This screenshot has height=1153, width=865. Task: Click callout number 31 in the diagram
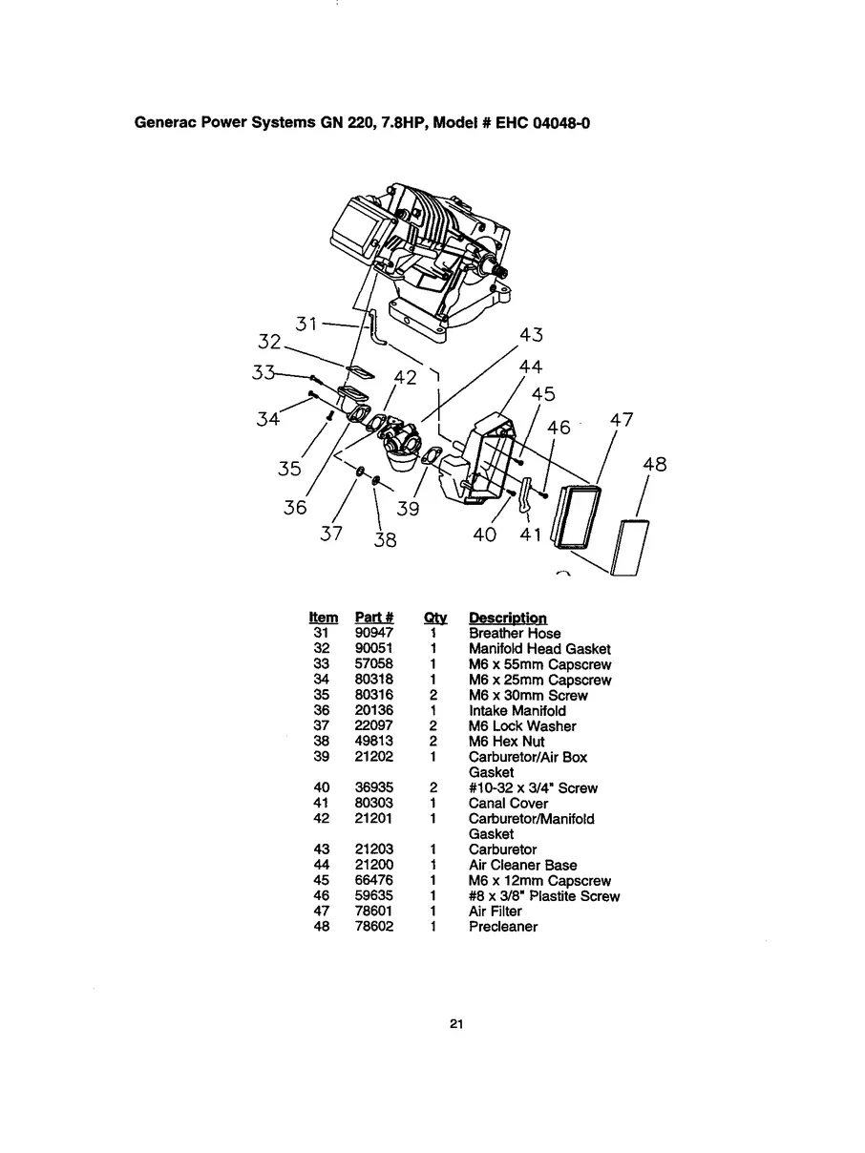[x=306, y=324]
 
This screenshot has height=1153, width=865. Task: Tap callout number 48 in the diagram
[x=654, y=465]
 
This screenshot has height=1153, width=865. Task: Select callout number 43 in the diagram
[x=531, y=335]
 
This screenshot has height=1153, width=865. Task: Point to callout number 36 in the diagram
[x=295, y=508]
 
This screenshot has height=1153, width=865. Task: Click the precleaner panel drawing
[x=631, y=549]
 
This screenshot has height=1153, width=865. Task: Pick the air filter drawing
[x=578, y=515]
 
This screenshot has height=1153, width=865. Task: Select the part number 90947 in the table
[x=373, y=634]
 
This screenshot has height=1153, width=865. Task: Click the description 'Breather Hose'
[x=515, y=634]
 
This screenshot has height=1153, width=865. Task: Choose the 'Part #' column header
[x=374, y=618]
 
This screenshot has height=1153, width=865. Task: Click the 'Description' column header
[x=507, y=618]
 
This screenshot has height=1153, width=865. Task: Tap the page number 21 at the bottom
[x=456, y=1025]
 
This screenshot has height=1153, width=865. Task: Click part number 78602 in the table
[x=373, y=927]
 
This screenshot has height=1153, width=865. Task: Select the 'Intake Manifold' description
[x=517, y=711]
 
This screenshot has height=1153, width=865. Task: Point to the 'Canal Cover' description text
[x=508, y=804]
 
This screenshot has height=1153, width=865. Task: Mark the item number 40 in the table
[x=322, y=788]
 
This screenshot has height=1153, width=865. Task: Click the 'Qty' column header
[x=434, y=618]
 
